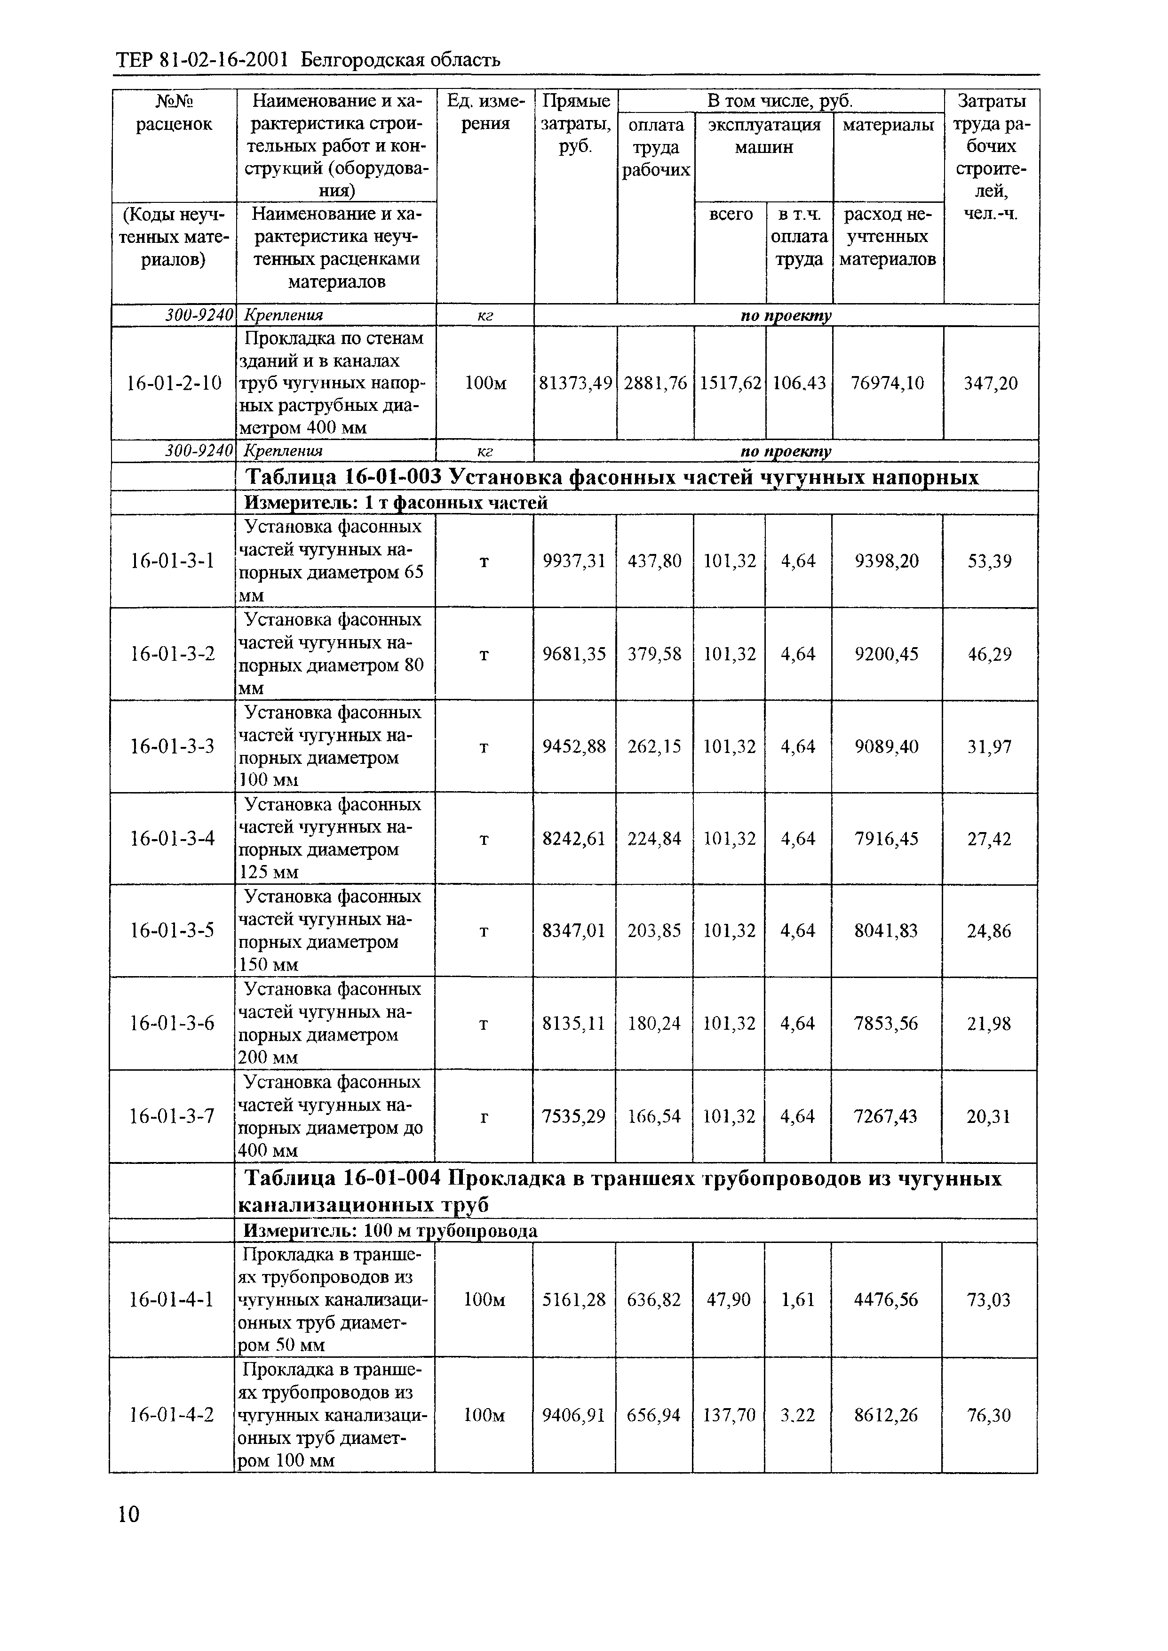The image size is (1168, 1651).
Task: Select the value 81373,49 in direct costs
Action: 575,384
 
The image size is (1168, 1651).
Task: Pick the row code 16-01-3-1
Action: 173,561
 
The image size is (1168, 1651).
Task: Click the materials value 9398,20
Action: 886,561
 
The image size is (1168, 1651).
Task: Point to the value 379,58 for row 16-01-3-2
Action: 654,654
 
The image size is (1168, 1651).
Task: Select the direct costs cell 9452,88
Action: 574,747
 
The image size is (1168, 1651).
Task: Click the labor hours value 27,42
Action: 989,839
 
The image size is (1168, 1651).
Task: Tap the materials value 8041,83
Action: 886,931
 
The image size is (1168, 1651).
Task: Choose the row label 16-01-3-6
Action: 173,1023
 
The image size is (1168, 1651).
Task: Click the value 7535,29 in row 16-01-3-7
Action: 574,1116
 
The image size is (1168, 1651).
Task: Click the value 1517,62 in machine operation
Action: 730,384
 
